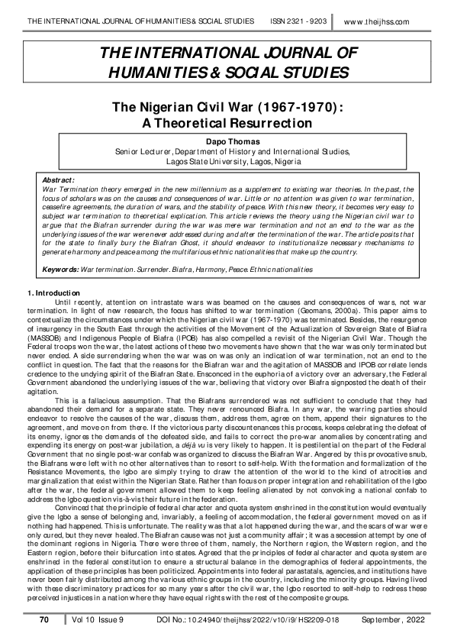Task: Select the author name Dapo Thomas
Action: coord(227,141)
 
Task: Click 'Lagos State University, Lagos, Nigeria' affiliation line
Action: coord(227,162)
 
